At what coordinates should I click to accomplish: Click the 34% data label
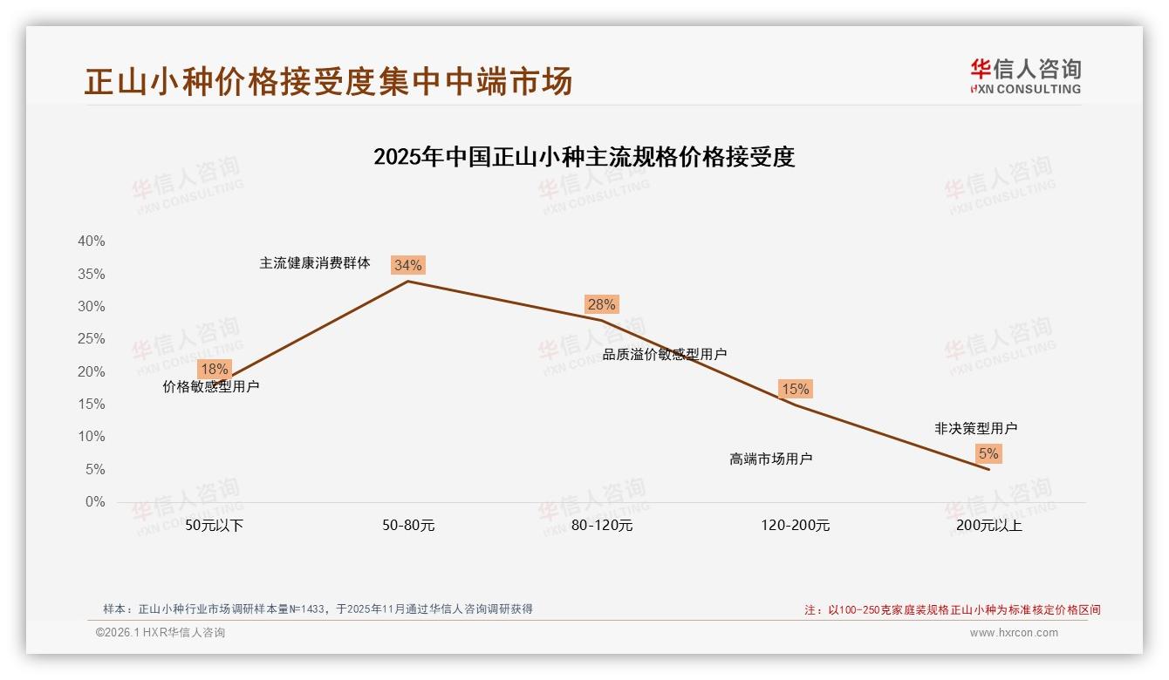tap(407, 265)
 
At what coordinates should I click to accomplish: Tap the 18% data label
tap(214, 369)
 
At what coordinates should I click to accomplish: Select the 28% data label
tap(601, 304)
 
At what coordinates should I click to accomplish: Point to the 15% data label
tap(795, 389)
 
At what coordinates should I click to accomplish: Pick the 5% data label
tap(988, 453)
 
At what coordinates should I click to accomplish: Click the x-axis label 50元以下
tap(215, 526)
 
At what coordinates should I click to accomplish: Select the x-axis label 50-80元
tap(408, 526)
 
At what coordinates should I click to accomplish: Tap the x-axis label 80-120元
tap(602, 526)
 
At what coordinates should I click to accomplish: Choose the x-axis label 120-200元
tap(796, 526)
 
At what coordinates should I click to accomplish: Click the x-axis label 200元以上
tap(989, 526)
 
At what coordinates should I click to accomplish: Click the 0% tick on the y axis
tap(94, 502)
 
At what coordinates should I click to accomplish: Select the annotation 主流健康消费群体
tap(315, 262)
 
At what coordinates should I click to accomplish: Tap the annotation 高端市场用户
tap(770, 459)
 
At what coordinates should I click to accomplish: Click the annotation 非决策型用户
tap(975, 428)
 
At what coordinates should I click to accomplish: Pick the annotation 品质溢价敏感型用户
tap(665, 354)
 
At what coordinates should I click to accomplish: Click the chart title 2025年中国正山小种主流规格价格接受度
tap(584, 157)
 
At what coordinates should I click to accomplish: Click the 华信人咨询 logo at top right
tap(1025, 76)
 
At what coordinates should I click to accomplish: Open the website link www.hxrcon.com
tap(1014, 633)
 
